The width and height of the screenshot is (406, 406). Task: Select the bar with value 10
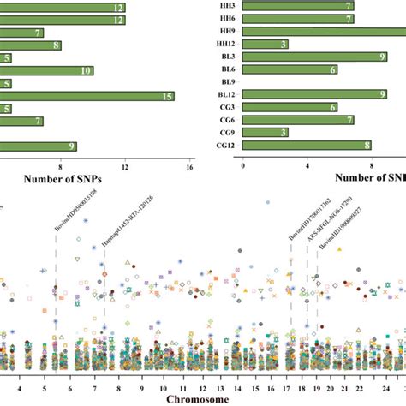(52, 70)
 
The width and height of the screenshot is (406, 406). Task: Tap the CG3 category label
(225, 108)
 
